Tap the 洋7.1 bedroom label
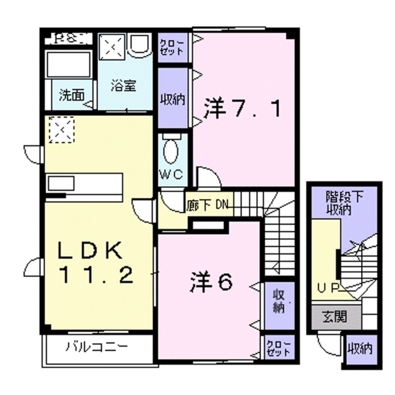pyautogui.click(x=243, y=110)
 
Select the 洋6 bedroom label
pyautogui.click(x=210, y=282)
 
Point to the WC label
pyautogui.click(x=172, y=174)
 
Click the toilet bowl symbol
pyautogui.click(x=172, y=151)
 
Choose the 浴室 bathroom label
pyautogui.click(x=123, y=87)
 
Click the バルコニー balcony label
pyautogui.click(x=97, y=346)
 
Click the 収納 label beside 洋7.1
pyautogui.click(x=173, y=99)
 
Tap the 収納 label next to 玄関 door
pyautogui.click(x=359, y=349)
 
